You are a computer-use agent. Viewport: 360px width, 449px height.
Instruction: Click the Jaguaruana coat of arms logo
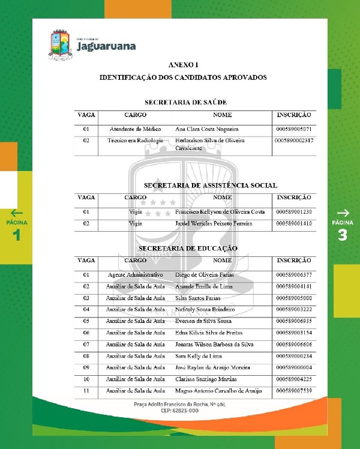(60, 45)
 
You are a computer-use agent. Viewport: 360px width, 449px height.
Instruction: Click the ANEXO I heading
(183, 64)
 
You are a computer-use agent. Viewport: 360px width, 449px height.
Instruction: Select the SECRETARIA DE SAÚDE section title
(185, 102)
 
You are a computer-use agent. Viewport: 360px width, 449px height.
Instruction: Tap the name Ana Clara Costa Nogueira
(206, 129)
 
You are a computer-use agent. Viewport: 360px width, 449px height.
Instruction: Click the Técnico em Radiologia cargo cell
(135, 140)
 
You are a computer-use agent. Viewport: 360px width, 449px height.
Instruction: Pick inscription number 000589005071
(294, 129)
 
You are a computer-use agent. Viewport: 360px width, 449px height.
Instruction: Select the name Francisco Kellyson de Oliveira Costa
(219, 212)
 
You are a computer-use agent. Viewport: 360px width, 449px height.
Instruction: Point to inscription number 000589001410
(294, 223)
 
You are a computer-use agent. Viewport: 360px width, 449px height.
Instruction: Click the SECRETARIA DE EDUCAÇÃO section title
(188, 248)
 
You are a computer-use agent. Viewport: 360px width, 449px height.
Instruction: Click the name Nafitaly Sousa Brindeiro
(205, 309)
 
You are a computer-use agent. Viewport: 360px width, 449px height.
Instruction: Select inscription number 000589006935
(294, 321)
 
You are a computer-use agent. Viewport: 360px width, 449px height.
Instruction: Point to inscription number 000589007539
(294, 391)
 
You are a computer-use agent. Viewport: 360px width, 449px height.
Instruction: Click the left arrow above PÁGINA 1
(17, 212)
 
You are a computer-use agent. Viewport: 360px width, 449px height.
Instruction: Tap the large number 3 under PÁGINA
(343, 235)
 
